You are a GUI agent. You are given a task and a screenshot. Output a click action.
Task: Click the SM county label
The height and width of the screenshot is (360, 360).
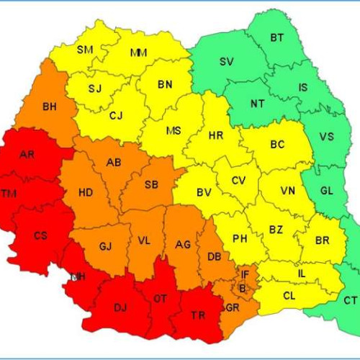pos(85,50)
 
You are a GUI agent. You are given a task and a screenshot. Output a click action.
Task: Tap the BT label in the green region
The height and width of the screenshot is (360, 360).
pos(276,37)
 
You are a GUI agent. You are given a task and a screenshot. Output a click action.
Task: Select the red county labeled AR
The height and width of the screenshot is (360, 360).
pos(27,155)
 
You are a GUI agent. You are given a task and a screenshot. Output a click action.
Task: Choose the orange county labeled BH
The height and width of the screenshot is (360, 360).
pos(49,107)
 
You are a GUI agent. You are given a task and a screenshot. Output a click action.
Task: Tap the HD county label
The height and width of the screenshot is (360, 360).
pos(85,192)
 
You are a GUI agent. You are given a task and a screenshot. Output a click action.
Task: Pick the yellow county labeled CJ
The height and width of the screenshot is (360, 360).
pos(117,114)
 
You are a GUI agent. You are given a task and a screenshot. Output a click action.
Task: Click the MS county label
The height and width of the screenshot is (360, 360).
pos(174,131)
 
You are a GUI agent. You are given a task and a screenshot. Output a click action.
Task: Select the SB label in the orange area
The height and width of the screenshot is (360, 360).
pos(151,185)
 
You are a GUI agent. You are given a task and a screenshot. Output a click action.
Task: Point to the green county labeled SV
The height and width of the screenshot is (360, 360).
pos(226,61)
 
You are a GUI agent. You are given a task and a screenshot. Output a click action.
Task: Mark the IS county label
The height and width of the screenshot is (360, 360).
pos(302,88)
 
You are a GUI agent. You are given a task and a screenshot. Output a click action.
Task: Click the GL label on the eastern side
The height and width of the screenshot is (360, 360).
pos(326,191)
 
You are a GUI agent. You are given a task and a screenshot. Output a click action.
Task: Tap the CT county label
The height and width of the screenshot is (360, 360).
pos(350,300)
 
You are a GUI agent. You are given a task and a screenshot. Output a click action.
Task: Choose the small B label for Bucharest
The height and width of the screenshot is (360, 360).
pos(243,288)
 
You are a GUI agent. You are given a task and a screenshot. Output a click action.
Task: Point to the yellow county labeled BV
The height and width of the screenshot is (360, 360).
pos(204,192)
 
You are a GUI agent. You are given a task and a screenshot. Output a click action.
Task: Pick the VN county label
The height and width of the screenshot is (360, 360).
pos(287,191)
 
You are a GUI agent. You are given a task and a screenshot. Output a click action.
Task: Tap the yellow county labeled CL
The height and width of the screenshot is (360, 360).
pos(289,295)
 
